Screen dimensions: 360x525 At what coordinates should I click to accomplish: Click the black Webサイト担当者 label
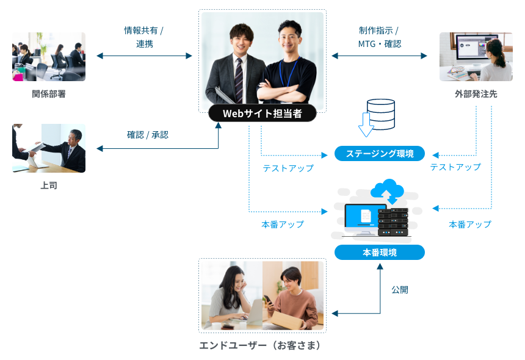[x=262, y=113]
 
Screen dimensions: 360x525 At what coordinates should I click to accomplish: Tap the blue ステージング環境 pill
[x=379, y=153]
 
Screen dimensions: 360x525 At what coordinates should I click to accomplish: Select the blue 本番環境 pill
[x=379, y=252]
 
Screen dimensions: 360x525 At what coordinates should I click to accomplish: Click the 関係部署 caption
[x=49, y=94]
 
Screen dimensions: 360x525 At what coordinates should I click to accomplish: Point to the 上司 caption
[x=49, y=185]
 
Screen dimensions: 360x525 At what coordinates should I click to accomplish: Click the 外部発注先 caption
[x=476, y=94]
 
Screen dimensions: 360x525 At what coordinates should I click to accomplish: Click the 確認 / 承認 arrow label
[x=148, y=135]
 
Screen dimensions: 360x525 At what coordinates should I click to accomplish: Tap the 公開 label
[x=400, y=290]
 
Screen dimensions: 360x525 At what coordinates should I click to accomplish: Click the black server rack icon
[x=393, y=221]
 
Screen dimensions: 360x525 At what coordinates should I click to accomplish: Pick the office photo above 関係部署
[x=49, y=57]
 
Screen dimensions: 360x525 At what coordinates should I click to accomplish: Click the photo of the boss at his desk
[x=49, y=148]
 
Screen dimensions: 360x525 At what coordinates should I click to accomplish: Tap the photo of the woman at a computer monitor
[x=476, y=57]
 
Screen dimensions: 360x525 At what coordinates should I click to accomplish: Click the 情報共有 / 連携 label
[x=144, y=37]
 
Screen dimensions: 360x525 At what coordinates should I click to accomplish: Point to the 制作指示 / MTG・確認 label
[x=379, y=37]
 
